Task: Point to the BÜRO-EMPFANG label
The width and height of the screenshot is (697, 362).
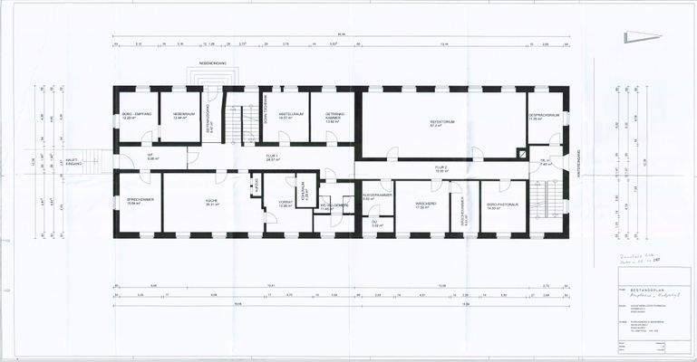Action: click(136, 116)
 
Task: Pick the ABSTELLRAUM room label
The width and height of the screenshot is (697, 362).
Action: click(289, 116)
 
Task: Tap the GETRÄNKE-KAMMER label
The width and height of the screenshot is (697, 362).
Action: click(332, 117)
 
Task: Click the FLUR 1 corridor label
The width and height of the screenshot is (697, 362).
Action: click(272, 157)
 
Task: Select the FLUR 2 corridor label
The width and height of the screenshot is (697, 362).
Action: click(441, 169)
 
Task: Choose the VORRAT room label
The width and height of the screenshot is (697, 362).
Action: click(284, 205)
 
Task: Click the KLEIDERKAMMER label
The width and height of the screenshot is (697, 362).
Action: click(376, 196)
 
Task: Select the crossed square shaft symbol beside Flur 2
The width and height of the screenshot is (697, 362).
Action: click(520, 154)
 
